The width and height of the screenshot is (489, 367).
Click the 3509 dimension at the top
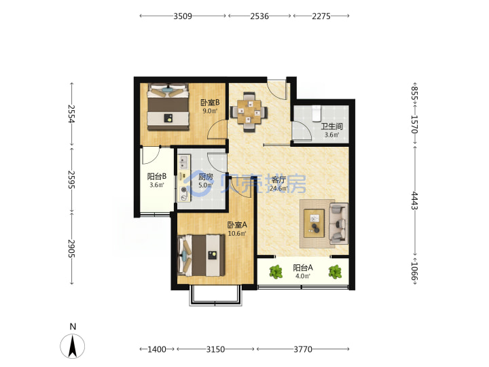pyautogui.click(x=183, y=16)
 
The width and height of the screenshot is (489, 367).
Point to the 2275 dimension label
pyautogui.click(x=321, y=16)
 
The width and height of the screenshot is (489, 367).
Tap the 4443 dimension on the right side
pyautogui.click(x=414, y=200)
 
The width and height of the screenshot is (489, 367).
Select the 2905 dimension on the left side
pyautogui.click(x=72, y=249)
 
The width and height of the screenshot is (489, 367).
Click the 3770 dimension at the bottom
pyautogui.click(x=303, y=349)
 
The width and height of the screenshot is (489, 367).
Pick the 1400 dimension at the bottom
pyautogui.click(x=157, y=349)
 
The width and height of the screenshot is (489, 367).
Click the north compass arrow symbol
pyautogui.click(x=73, y=346)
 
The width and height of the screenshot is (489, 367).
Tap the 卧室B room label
pyautogui.click(x=210, y=103)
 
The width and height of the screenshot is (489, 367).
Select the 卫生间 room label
pyautogui.click(x=332, y=126)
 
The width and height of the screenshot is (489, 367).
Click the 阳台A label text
pyautogui.click(x=303, y=268)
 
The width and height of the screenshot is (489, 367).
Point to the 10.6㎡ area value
pyautogui.click(x=237, y=233)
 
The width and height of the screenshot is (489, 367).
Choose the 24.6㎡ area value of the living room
pyautogui.click(x=279, y=188)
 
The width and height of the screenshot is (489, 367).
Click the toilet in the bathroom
pyautogui.click(x=316, y=113)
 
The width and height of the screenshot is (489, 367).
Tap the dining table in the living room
pyautogui.click(x=249, y=111)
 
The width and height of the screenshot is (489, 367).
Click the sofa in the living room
pyautogui.click(x=339, y=224)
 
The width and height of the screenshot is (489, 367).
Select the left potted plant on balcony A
pyautogui.click(x=276, y=272)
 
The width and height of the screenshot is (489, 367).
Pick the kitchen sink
pyautogui.click(x=183, y=162)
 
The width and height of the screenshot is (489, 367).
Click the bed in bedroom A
pyautogui.click(x=201, y=256)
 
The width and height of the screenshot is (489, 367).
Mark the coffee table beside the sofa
pyautogui.click(x=314, y=223)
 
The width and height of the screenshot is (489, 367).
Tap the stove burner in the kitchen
pyautogui.click(x=183, y=190)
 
